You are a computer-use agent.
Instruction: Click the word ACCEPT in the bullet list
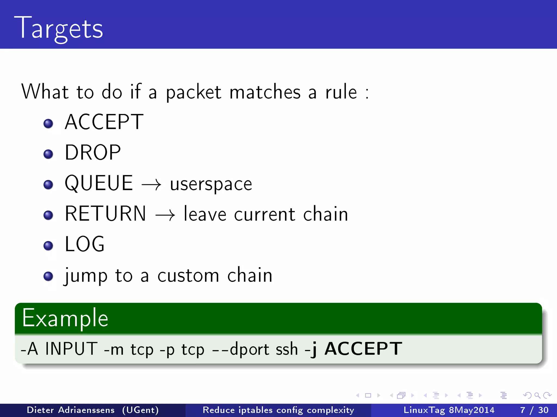104,122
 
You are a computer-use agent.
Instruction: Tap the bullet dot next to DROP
48,154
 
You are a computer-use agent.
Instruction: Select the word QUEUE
99,183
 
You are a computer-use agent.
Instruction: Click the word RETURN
106,214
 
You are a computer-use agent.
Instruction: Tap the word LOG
85,244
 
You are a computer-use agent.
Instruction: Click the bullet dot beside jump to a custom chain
48,276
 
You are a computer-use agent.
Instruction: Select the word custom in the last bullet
188,276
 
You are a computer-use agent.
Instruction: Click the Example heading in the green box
65,318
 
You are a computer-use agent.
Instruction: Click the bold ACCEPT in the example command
363,349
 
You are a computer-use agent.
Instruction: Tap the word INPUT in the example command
71,349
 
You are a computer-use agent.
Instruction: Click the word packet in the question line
194,92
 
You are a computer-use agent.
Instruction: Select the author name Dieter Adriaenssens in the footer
71,410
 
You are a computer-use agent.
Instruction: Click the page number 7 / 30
534,410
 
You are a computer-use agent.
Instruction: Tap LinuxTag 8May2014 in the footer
449,410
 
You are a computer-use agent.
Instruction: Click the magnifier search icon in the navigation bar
537,395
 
